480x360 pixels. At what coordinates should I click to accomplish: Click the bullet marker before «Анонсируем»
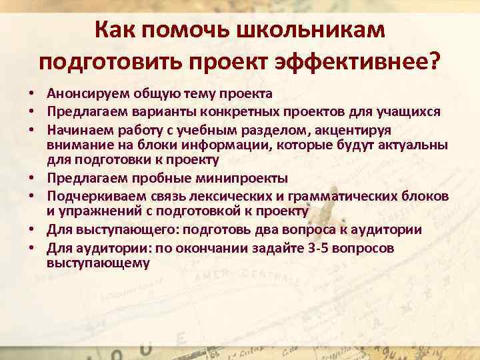[x=32, y=93]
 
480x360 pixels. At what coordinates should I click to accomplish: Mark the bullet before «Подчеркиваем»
[x=32, y=196]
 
